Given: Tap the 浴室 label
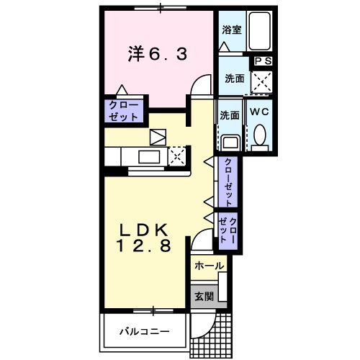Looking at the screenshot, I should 230,30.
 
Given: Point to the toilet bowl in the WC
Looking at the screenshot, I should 260,135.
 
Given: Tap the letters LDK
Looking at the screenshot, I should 144,230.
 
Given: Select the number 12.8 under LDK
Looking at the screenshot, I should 144,247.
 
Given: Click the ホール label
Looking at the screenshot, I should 209,266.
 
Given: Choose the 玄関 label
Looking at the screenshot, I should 202,294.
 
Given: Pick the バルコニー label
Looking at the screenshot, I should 144,332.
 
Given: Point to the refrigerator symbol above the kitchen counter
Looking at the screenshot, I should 157,136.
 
